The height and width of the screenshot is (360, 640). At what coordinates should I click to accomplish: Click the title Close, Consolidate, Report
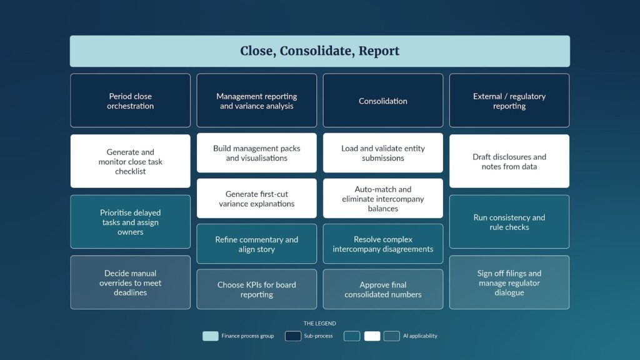(319, 51)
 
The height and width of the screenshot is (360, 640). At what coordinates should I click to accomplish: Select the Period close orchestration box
(130, 101)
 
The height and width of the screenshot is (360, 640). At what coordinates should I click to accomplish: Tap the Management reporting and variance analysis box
(256, 101)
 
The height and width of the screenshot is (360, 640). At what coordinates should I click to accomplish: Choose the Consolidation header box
(383, 101)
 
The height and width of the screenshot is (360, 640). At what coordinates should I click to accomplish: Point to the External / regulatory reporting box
(509, 101)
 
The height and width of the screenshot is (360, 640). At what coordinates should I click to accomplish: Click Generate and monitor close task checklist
(130, 161)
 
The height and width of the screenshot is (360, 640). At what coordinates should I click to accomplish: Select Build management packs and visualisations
(256, 152)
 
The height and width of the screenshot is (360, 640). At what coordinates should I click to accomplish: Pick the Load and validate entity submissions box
(383, 152)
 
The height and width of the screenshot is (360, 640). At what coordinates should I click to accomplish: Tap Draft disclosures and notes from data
(509, 161)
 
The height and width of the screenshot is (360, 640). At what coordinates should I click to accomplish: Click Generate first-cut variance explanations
(256, 198)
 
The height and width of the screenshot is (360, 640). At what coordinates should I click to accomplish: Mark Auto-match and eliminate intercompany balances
(383, 198)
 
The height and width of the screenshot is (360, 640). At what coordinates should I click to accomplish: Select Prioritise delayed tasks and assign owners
(130, 222)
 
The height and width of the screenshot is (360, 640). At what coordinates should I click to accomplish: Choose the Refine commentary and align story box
(256, 244)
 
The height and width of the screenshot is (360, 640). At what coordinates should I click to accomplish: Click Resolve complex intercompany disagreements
(383, 244)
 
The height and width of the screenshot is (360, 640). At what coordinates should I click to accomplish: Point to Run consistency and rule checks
(509, 222)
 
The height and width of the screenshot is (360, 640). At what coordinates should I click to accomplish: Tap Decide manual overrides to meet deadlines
(130, 282)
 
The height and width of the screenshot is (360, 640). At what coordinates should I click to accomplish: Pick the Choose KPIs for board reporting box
(256, 289)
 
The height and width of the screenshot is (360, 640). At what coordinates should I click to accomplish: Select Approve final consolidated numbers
(383, 289)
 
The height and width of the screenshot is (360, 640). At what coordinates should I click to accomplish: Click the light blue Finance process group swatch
(210, 336)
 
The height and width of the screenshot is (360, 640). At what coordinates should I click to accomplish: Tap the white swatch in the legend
(372, 336)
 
